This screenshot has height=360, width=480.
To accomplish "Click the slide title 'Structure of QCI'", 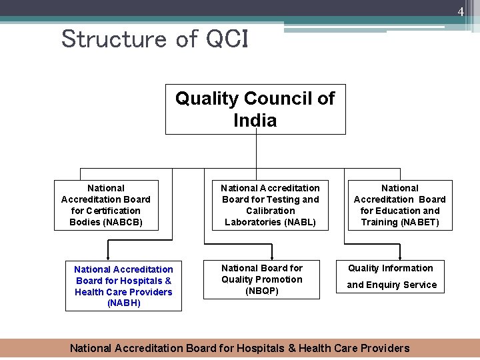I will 155,39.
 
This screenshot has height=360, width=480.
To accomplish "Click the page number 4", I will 460,11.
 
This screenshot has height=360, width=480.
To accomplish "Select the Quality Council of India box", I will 255,109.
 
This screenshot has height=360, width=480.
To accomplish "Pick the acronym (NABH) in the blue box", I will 123,303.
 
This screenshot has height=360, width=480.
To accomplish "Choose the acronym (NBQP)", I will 262,291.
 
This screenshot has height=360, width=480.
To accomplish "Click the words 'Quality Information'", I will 391,268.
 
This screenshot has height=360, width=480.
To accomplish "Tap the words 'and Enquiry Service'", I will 392,285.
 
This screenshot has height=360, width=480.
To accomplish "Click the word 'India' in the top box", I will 255,121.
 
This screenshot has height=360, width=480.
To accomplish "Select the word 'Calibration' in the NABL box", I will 270,211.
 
